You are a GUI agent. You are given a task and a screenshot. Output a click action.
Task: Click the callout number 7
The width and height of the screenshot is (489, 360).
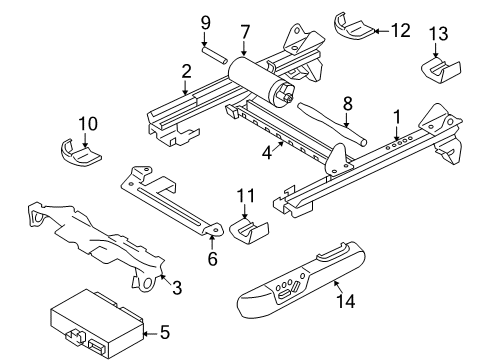[x=245, y=32]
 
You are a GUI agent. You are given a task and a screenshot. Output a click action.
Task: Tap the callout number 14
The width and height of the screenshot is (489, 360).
[x=346, y=301]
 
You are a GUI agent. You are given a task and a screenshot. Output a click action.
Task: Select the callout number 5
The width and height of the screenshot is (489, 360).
[x=165, y=332]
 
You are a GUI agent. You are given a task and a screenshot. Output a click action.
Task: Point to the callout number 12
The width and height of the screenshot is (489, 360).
[x=401, y=30]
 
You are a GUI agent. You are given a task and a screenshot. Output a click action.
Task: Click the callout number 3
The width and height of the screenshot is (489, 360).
[x=177, y=287]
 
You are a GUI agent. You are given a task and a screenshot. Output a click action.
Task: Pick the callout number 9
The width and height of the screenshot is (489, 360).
[x=206, y=23]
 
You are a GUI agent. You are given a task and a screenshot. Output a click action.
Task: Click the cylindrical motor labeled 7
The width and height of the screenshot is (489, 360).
[x=261, y=80]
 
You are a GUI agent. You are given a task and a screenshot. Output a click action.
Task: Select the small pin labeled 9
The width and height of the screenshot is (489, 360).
[x=215, y=55]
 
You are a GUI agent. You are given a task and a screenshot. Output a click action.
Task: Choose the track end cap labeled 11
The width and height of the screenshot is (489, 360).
[x=249, y=230]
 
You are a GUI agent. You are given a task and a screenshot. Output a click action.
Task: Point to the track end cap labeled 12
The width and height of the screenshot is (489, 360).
[x=353, y=28]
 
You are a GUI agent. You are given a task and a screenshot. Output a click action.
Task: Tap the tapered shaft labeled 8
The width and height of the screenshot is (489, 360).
[x=331, y=123]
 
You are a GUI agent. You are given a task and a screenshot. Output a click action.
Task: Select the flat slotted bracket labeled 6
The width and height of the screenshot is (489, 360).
[x=170, y=200]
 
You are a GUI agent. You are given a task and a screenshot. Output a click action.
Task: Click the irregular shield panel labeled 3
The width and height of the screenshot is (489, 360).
[x=97, y=243]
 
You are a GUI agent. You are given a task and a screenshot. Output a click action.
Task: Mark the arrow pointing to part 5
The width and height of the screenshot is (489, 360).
[x=151, y=333]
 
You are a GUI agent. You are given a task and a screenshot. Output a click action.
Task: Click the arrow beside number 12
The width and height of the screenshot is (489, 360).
[x=382, y=31]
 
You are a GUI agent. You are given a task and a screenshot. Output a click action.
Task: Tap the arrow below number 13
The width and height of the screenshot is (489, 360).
[x=436, y=50]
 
